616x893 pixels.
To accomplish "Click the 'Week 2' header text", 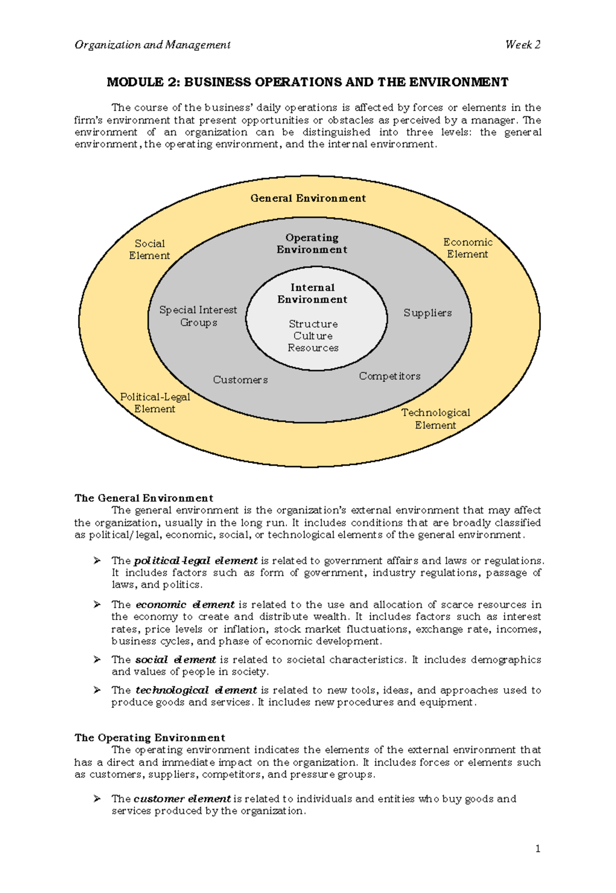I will (523, 45).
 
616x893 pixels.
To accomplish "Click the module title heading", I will (307, 82).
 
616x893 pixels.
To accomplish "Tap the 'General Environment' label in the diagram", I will (308, 199).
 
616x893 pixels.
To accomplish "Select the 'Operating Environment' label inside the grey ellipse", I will (312, 244).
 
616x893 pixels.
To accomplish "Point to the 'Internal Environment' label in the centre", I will (312, 293).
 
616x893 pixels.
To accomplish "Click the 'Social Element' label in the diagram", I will (149, 249).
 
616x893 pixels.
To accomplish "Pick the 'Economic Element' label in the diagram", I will (468, 248).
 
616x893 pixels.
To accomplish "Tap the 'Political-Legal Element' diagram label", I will (155, 403).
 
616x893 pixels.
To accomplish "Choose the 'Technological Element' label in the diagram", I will (435, 419).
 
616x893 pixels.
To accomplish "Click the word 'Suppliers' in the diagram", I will (427, 313).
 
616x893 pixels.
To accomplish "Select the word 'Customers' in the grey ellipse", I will (240, 380).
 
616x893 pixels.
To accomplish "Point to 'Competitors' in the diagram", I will (390, 376).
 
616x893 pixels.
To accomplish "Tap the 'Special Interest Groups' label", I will (198, 316).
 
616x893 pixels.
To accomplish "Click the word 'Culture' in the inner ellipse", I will (313, 336).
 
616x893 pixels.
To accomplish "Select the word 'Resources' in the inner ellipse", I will (313, 348).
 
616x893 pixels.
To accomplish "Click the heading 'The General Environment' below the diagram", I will (144, 498).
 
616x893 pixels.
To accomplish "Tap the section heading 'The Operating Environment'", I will (149, 738).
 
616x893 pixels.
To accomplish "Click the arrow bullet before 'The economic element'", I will (97, 605).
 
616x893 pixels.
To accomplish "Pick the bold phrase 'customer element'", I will (182, 799).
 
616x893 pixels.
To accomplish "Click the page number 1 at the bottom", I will (537, 849).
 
